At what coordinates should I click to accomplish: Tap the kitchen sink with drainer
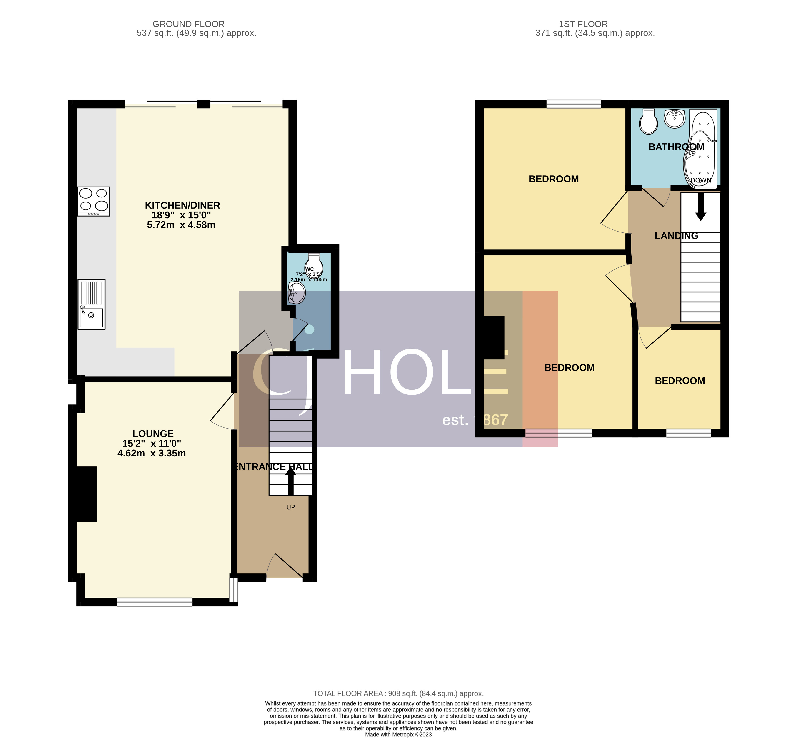click(92, 304)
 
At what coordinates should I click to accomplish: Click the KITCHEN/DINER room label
click(182, 205)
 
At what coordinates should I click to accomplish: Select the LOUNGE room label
click(153, 434)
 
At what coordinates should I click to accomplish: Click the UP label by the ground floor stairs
click(290, 507)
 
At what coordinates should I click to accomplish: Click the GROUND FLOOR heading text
click(189, 24)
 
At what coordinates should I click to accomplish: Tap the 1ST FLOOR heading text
click(583, 24)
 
